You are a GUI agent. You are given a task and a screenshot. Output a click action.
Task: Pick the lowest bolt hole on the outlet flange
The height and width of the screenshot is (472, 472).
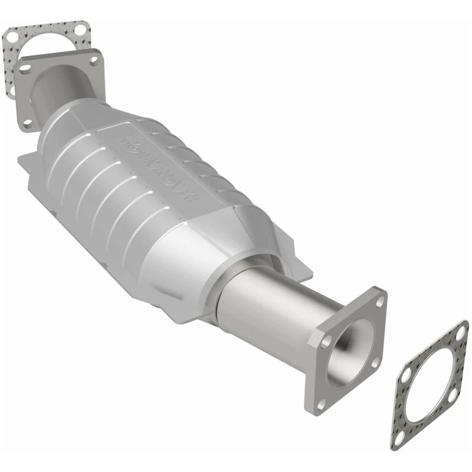pyautogui.click(x=321, y=404)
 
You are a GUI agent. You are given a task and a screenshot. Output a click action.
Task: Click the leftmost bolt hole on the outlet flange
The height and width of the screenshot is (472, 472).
pyautogui.click(x=314, y=340)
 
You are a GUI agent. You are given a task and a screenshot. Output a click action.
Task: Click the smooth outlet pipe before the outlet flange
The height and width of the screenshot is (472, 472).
pyautogui.click(x=271, y=307)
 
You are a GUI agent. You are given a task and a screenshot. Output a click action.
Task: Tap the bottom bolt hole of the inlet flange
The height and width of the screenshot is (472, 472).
pyautogui.click(x=27, y=123)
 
